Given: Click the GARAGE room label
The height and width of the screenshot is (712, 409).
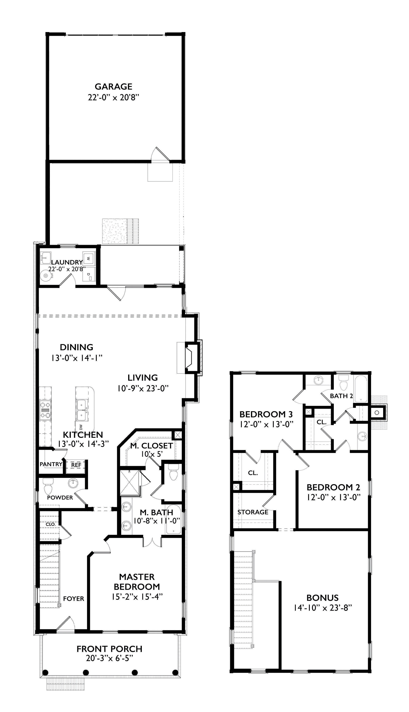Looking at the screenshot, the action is [114, 86].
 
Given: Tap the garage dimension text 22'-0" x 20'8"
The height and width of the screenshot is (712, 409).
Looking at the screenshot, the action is [114, 98].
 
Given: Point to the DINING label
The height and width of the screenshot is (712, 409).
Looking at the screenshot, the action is [76, 347].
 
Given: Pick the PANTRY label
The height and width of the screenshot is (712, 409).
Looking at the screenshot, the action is [51, 464].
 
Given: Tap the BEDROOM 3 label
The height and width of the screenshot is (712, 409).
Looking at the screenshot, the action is [266, 414].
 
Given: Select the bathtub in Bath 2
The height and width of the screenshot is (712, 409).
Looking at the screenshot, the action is [361, 389].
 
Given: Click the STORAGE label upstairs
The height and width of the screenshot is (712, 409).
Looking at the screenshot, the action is [253, 512].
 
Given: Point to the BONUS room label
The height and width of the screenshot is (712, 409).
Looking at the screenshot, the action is [323, 598].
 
